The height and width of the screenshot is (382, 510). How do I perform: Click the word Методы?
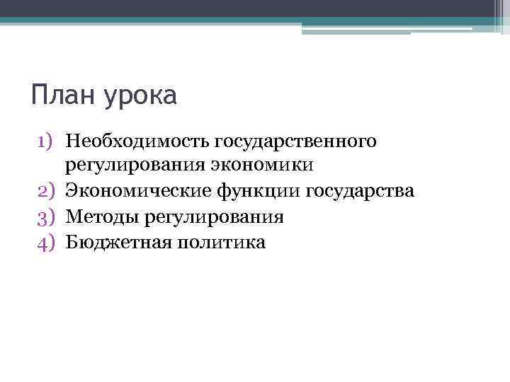[x=102, y=217]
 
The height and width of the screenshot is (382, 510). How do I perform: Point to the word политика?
[x=217, y=243]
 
